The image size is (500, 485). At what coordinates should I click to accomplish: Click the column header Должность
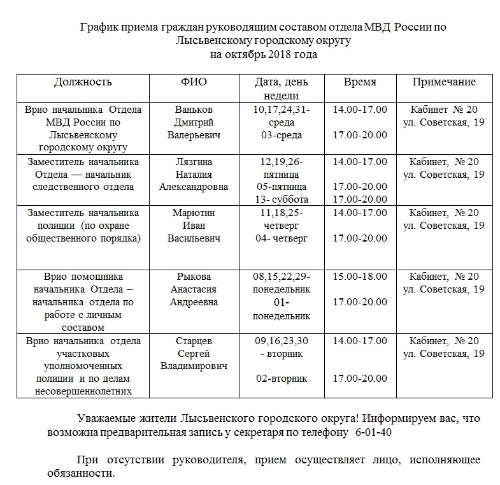click(83, 82)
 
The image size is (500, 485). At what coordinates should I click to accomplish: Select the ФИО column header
click(194, 82)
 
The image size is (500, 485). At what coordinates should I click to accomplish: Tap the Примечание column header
click(444, 82)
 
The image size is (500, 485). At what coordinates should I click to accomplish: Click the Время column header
click(360, 82)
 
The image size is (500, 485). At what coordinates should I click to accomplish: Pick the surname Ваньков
click(194, 110)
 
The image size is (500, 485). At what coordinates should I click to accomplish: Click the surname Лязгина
click(194, 162)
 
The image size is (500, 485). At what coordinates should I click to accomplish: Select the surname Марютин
click(194, 213)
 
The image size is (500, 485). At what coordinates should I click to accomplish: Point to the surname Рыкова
click(194, 277)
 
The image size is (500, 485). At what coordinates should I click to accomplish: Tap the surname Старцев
click(194, 341)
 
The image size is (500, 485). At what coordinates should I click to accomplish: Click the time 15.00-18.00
click(360, 277)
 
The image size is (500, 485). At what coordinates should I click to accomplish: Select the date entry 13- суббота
click(281, 199)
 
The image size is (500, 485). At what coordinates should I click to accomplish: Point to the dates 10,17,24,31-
click(281, 110)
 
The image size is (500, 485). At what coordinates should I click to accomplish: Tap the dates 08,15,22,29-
click(281, 277)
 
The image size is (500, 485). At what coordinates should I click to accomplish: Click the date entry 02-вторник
click(281, 379)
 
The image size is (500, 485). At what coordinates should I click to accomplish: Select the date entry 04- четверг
click(281, 238)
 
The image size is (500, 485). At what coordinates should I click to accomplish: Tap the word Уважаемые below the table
click(106, 419)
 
